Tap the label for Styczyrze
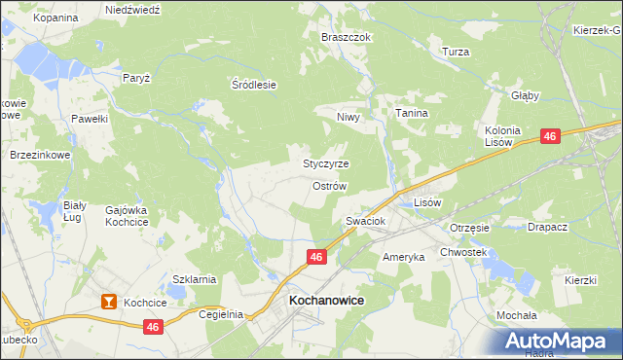tap(326, 163)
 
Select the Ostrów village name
tap(329, 185)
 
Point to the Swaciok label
tap(366, 222)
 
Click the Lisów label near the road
tap(428, 202)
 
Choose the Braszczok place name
tap(347, 37)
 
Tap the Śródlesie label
tap(254, 85)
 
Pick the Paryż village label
tap(135, 77)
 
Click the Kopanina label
tap(55, 18)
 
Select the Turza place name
tap(456, 52)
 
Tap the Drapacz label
tap(547, 228)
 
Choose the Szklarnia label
tap(194, 279)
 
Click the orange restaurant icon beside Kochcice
tap(108, 303)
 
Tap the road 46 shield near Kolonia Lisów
tap(550, 138)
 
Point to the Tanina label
tap(412, 114)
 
